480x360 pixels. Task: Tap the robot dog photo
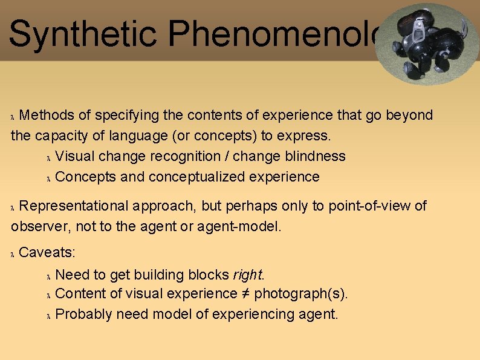tap(427, 44)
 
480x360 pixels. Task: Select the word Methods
tap(47, 115)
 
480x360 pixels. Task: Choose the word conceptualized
tap(193, 177)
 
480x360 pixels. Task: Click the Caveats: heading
tap(47, 252)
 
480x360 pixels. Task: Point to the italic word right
tap(247, 275)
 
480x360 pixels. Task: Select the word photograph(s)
tap(300, 294)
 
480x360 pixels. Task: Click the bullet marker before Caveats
tap(13, 254)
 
